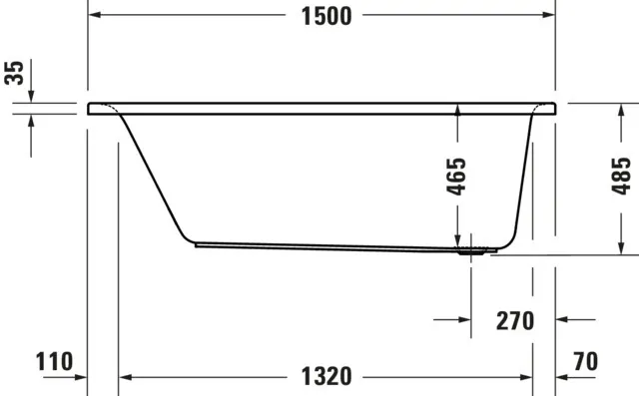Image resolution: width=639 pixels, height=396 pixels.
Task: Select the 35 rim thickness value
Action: coord(13,75)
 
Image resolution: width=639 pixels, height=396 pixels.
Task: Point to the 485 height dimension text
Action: coord(621,177)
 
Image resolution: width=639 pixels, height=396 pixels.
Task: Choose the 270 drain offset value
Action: coord(514,321)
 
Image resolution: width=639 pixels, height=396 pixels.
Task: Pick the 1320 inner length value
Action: coord(325,377)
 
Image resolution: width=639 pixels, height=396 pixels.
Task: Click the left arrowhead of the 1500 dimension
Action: coord(96,17)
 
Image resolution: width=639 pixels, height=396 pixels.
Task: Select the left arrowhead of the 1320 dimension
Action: coord(126,378)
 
